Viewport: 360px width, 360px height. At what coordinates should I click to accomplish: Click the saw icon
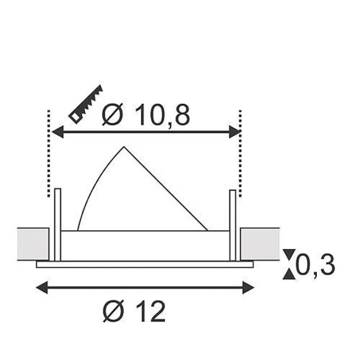[x=86, y=104]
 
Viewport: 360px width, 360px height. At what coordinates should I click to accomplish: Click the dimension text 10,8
[x=162, y=115]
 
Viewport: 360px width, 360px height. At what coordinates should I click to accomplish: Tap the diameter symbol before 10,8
[x=113, y=115]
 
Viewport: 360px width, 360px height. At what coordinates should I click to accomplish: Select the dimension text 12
[x=150, y=312]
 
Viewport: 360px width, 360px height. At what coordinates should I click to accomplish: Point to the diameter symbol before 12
[x=114, y=311]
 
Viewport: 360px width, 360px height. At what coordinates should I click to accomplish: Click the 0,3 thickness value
[x=315, y=265]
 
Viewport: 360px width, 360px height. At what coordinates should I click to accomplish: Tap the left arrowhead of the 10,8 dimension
[x=58, y=132]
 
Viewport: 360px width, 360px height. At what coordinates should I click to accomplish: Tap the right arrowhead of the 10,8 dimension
[x=235, y=132]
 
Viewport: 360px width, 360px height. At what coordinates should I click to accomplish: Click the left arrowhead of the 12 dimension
[x=42, y=287]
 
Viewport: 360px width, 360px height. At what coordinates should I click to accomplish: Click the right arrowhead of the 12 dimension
[x=248, y=287]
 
